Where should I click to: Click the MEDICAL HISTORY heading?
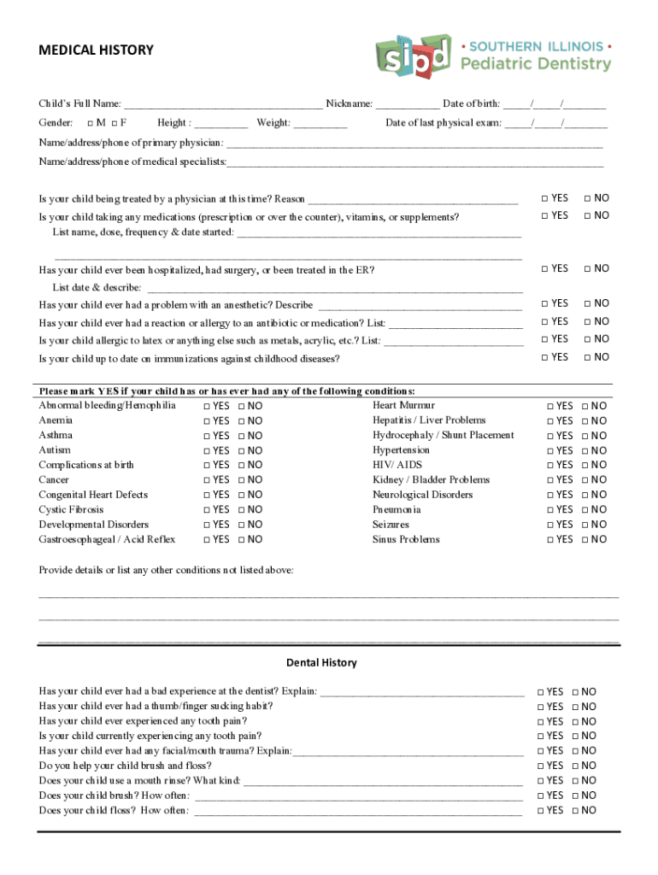tap(96, 50)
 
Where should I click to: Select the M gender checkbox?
tap(91, 123)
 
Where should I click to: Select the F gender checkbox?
tap(113, 123)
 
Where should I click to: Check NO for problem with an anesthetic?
tap(588, 303)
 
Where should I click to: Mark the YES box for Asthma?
tap(207, 436)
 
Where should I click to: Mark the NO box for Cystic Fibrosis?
tap(241, 510)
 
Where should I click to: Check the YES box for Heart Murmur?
tap(550, 406)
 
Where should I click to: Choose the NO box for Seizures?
tap(585, 525)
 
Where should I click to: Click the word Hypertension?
tap(401, 449)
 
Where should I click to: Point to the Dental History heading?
tap(321, 663)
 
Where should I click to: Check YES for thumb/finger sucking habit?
tap(541, 707)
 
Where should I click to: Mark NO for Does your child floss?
tap(575, 810)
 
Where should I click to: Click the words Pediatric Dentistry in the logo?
tap(536, 64)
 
